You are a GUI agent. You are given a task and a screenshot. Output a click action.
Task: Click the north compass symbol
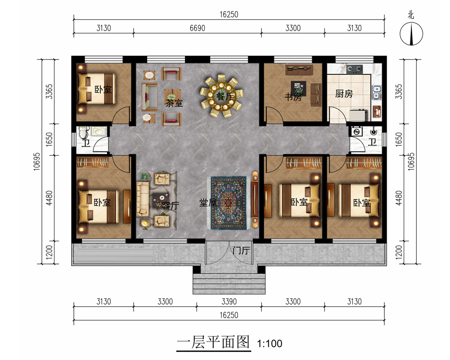411,34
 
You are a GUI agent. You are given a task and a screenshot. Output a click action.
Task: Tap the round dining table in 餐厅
221,96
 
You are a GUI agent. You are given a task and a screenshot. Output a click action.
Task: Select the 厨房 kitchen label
344,94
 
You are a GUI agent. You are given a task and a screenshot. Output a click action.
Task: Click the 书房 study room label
293,97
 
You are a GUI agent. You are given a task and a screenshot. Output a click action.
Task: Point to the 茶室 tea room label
174,103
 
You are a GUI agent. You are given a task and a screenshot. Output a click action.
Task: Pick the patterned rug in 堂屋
229,203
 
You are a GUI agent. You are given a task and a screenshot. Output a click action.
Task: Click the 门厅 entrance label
241,251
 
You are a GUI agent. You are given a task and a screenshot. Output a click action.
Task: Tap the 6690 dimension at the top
198,28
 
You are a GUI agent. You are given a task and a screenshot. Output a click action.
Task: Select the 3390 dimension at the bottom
229,301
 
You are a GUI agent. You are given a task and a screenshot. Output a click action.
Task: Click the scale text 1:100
270,343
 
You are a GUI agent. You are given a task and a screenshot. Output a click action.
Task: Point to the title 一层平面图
213,342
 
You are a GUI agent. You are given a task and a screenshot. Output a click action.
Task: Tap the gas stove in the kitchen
355,69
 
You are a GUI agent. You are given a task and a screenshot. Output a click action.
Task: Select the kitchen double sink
376,92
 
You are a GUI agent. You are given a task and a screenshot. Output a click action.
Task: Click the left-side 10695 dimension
37,162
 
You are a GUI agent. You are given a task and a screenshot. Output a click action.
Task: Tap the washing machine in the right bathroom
357,131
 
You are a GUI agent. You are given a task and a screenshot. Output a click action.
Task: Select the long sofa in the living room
143,199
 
